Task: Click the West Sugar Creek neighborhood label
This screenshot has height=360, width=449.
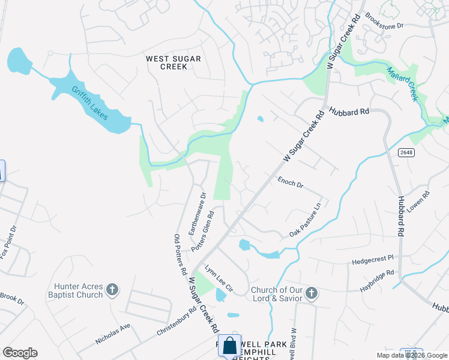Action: tap(174, 62)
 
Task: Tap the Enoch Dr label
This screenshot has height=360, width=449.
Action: tap(290, 181)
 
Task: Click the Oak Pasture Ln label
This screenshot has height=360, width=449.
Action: tap(306, 219)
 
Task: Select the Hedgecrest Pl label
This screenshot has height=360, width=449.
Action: tap(372, 260)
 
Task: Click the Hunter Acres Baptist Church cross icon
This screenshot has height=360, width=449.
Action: tap(112, 291)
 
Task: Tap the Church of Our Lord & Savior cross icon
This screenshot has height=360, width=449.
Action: tap(310, 293)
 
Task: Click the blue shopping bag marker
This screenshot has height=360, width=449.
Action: tap(230, 346)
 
